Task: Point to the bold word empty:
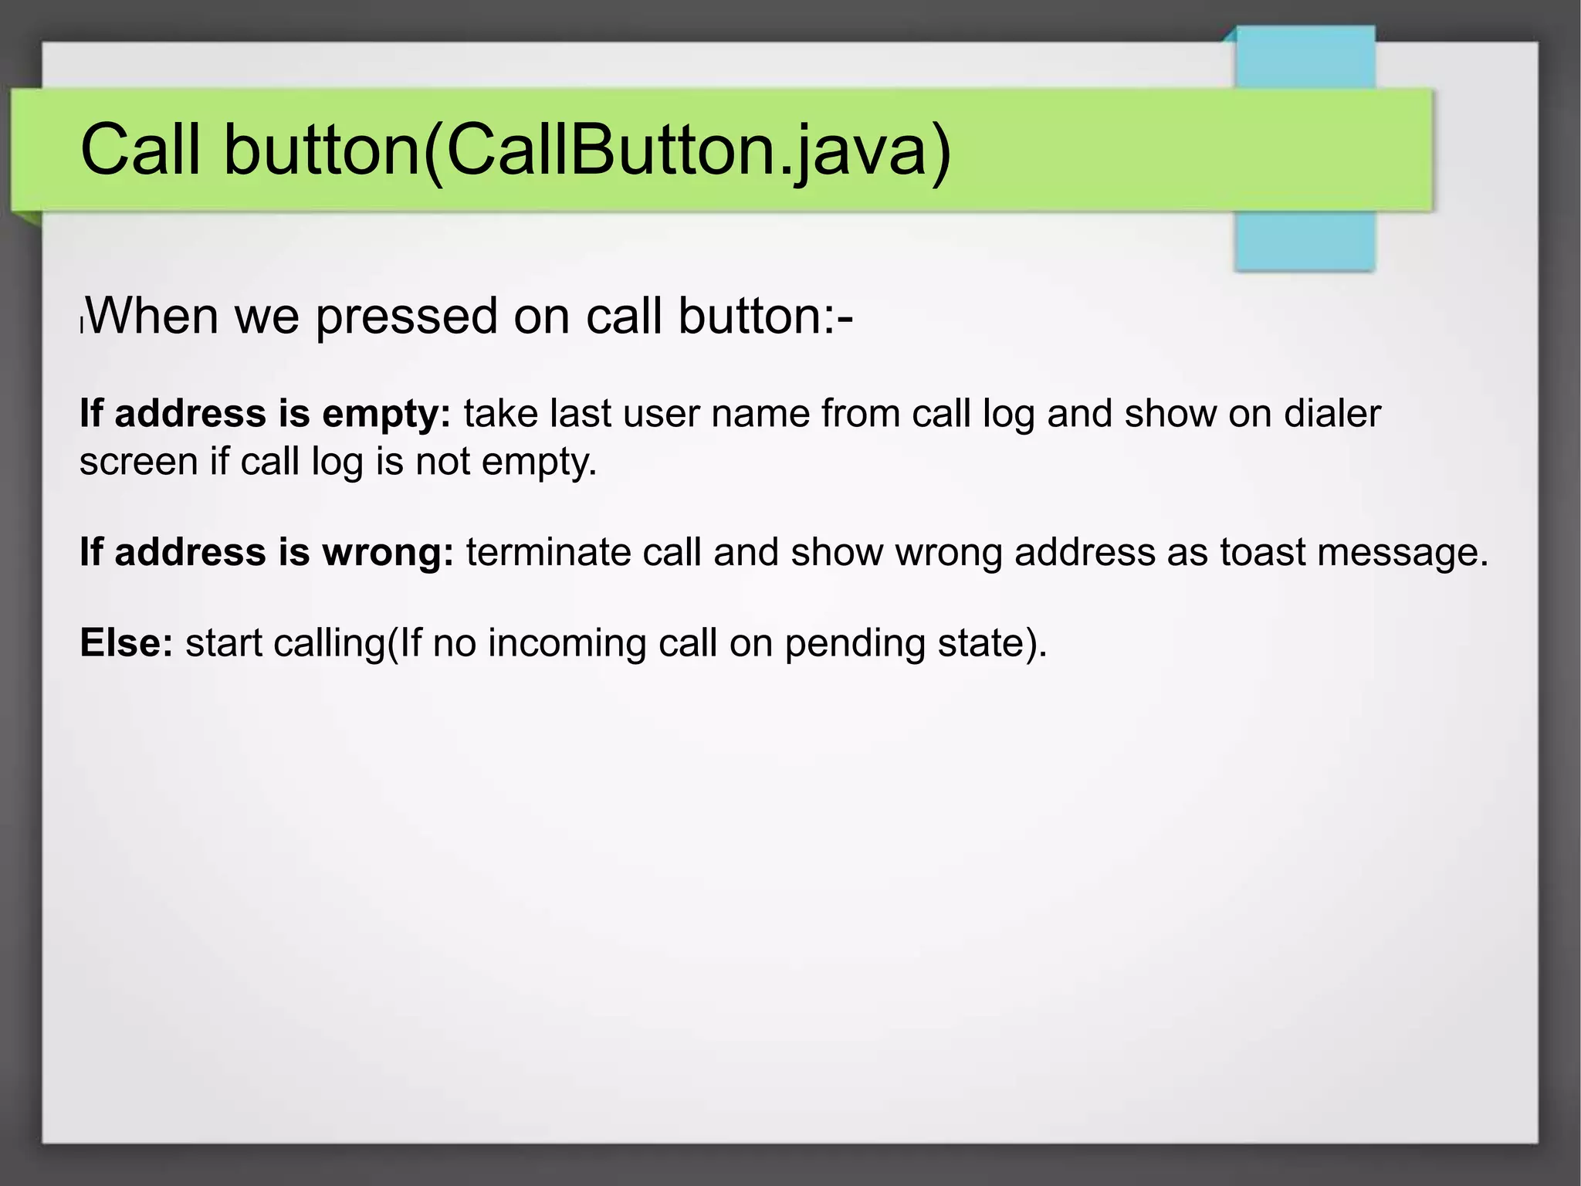click(x=386, y=415)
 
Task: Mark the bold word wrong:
click(x=388, y=552)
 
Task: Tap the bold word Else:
click(x=127, y=642)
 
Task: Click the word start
click(x=223, y=642)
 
